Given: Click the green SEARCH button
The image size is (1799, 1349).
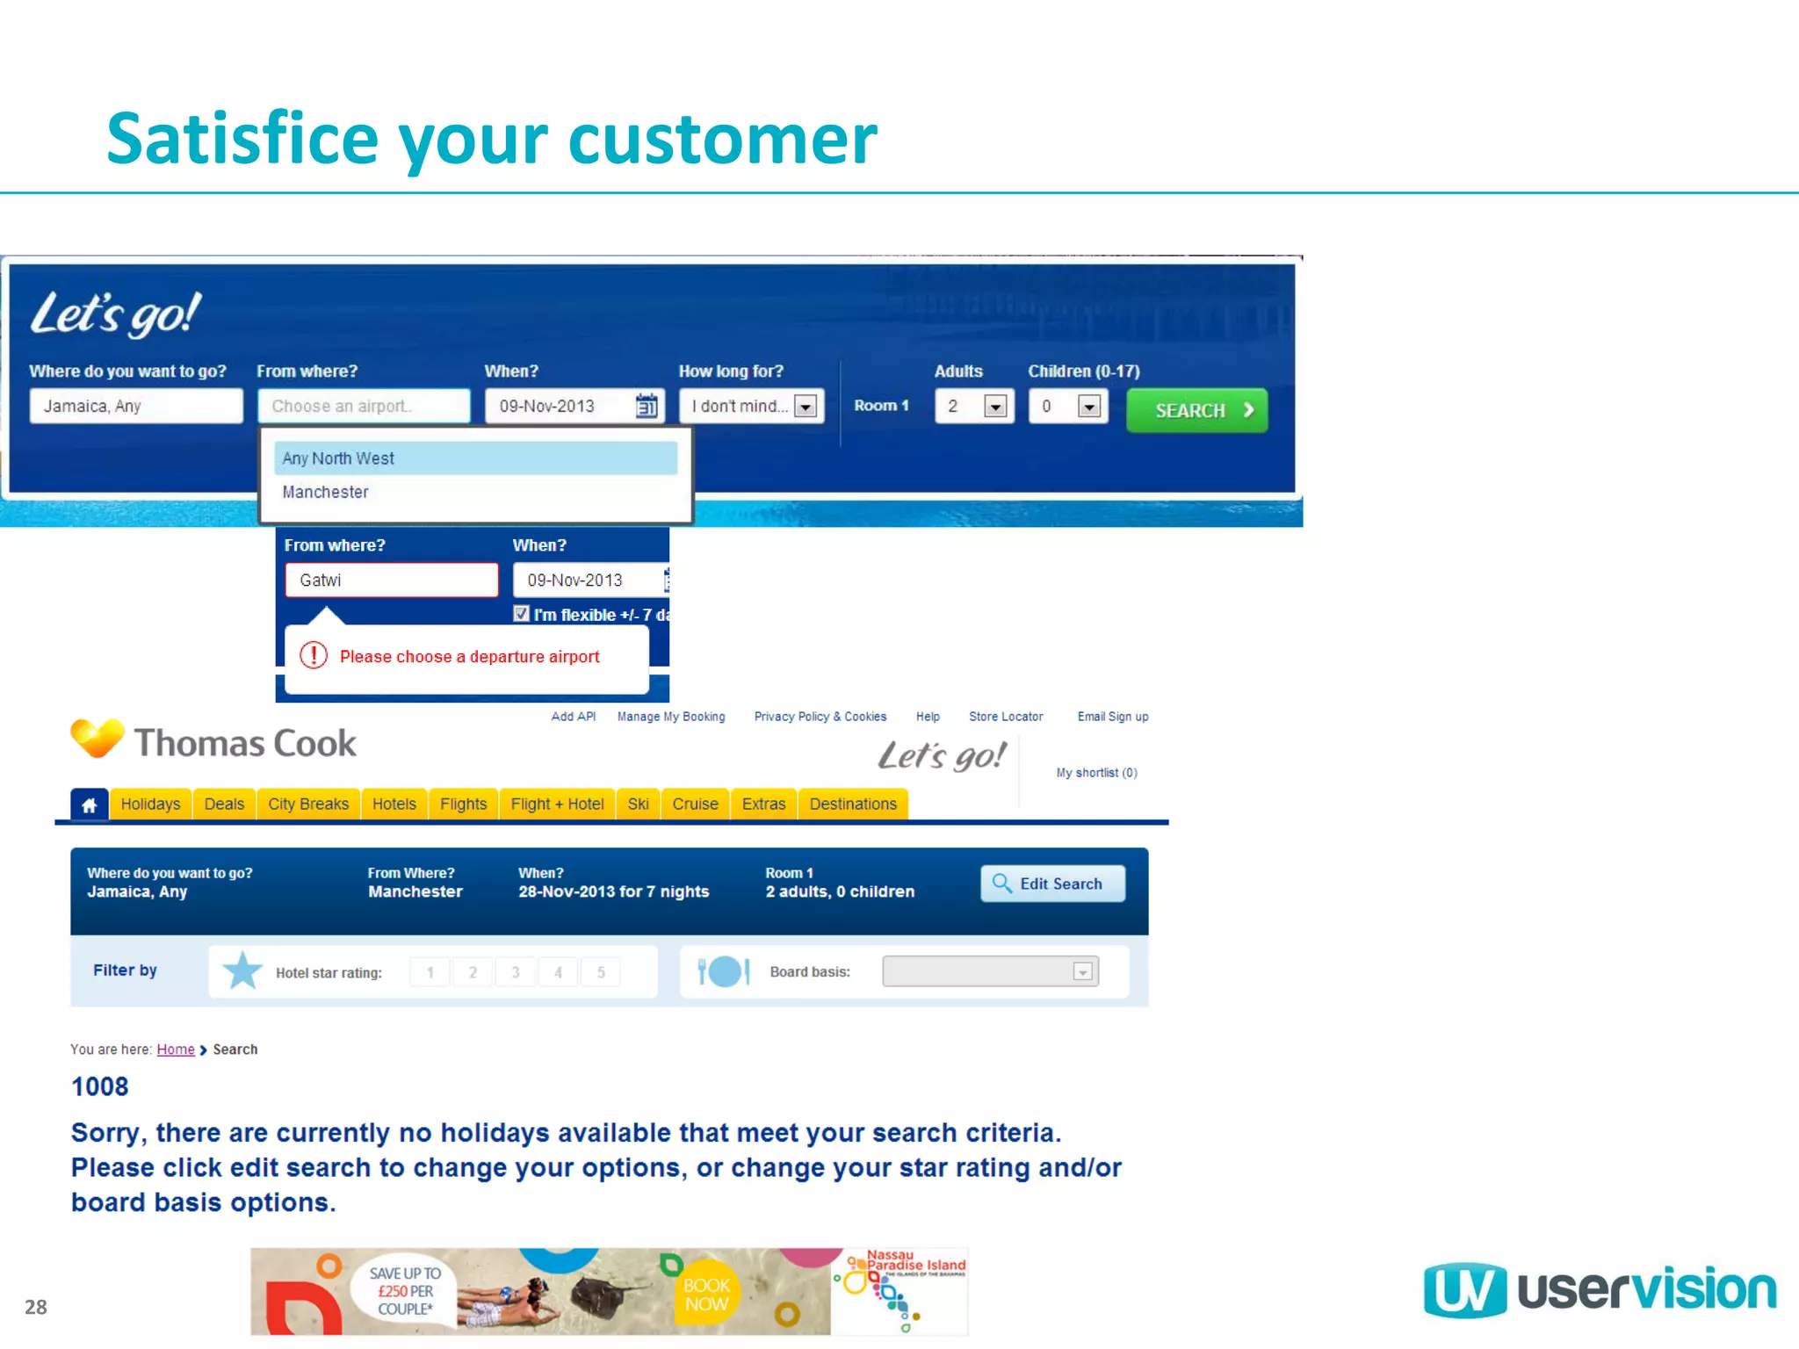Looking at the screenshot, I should pos(1196,410).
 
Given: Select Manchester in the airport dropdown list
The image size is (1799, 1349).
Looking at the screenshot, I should pos(326,493).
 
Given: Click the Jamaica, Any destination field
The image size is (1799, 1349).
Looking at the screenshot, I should pos(135,406).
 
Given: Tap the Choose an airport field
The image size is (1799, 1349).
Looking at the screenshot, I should pos(364,406).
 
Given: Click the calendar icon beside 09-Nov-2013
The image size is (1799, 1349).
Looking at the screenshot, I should pos(647,406).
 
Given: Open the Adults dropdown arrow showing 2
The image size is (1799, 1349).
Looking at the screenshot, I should pos(994,406).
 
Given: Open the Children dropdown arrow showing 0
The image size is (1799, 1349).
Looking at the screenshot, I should pos(1088,406).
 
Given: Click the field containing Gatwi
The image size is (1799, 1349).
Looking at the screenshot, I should pos(391,581).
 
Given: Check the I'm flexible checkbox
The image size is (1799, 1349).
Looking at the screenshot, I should pos(522,614).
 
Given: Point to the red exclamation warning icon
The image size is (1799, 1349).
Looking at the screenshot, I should pos(314,655).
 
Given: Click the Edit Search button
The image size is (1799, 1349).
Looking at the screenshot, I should pos(1051,884).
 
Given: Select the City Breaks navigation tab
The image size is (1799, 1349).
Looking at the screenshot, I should pos(307,804).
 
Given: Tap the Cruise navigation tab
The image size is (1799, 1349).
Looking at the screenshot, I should pos(695,804).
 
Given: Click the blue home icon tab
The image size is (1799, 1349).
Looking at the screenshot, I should pos(90,804).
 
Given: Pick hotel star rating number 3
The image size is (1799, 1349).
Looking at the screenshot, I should pos(516,972).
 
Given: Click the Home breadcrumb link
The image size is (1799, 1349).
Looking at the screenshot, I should pos(176,1050).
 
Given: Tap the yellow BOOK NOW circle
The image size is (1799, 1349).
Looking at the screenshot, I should pos(706,1295).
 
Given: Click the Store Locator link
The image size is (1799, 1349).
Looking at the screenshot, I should pos(1005,717).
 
